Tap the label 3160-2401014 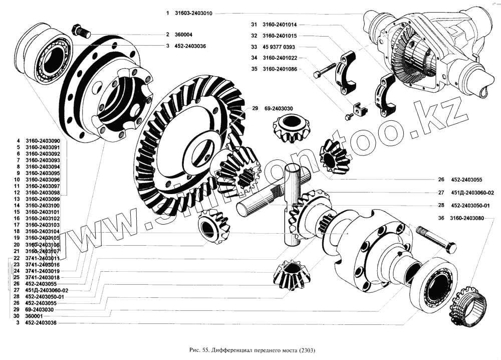[x=281, y=24]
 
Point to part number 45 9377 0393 [x=281, y=47]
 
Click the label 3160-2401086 [x=281, y=69]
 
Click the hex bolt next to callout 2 [x=80, y=30]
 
